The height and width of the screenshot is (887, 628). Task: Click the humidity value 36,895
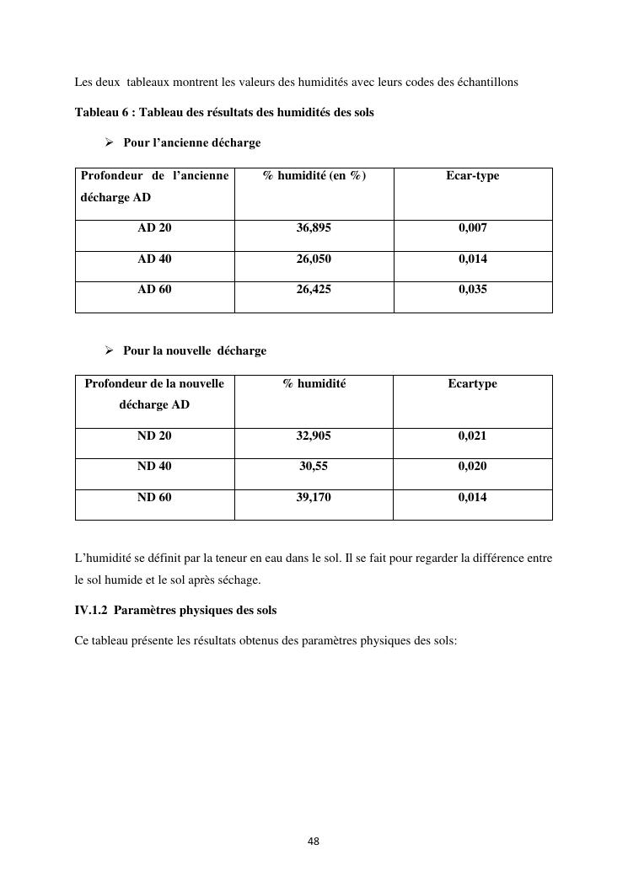coord(314,228)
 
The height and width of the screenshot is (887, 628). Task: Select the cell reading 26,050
coord(314,259)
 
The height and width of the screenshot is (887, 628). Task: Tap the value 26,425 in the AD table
coord(314,290)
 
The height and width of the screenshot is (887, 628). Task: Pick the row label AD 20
coord(154,228)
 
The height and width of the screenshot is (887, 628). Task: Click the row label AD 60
coord(154,290)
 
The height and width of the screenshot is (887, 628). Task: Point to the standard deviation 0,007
coord(473,228)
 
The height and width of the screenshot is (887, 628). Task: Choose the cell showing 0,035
coord(473,290)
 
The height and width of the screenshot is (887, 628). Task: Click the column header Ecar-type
coord(473,176)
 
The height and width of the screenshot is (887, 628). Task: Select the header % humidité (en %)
coord(314,176)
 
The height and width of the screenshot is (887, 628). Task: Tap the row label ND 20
coord(154,436)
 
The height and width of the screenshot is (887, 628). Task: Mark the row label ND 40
coord(154,467)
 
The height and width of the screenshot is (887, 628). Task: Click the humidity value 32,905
coord(314,436)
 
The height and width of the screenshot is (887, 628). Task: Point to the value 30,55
coord(314,467)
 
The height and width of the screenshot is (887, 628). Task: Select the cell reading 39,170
coord(314,498)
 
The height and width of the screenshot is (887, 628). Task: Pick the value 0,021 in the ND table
coord(473,436)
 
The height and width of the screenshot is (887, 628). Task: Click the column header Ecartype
coord(473,384)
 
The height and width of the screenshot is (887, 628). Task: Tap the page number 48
coord(314,842)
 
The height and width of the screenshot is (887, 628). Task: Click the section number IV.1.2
coord(94,610)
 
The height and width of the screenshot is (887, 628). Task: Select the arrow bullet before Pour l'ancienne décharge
coord(109,143)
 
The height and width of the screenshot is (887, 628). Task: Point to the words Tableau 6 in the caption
coord(102,113)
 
